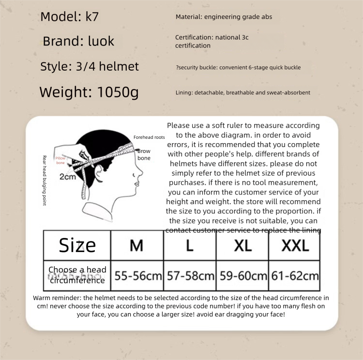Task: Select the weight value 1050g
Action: [x=118, y=91]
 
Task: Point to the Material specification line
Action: [x=224, y=17]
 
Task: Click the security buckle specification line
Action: [x=238, y=67]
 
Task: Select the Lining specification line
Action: [x=243, y=92]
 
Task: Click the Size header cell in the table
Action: [x=77, y=245]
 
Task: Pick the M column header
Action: [x=136, y=245]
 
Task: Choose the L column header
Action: [x=190, y=245]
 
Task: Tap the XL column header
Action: [x=242, y=245]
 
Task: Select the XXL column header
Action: [x=295, y=245]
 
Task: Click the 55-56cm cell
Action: [x=137, y=276]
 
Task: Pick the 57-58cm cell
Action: [x=190, y=276]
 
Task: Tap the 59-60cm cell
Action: [x=243, y=276]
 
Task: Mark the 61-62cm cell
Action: [x=295, y=276]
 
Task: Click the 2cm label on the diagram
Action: [x=67, y=177]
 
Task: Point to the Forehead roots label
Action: [x=149, y=137]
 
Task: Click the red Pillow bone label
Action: [x=60, y=161]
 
